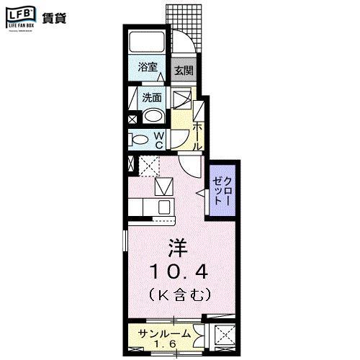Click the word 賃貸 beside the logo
click(53, 18)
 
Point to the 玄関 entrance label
click(184, 71)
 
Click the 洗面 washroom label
click(150, 98)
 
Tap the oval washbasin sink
click(153, 117)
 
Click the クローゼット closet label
click(220, 191)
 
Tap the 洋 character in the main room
click(177, 249)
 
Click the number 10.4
click(179, 271)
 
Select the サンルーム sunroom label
click(165, 333)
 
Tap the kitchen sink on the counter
click(163, 207)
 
